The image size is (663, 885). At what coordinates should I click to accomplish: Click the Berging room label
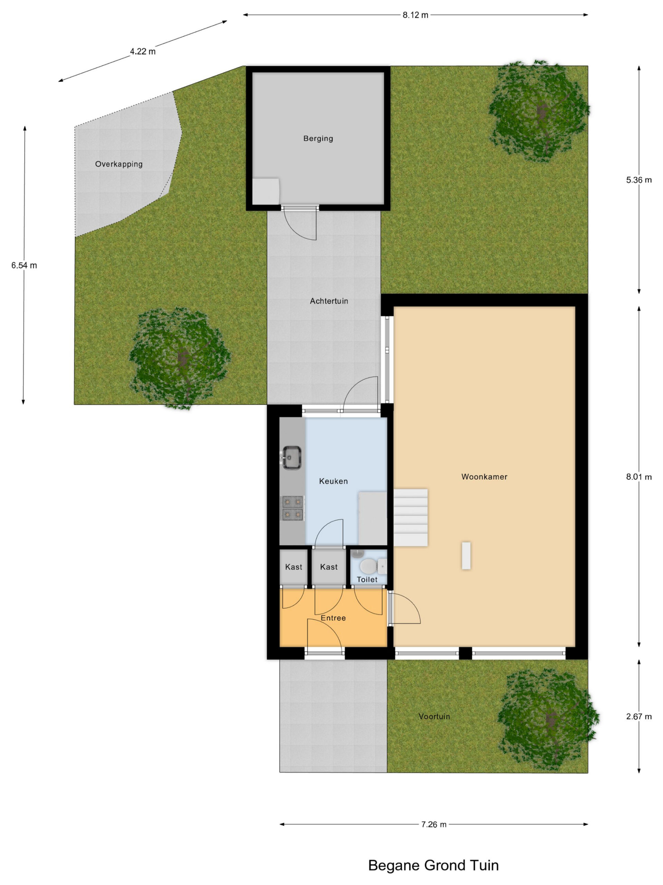tap(318, 138)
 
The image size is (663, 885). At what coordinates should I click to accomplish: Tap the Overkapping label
tap(119, 164)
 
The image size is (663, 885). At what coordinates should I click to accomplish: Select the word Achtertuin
tap(329, 301)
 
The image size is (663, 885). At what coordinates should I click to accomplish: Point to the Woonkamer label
tap(484, 476)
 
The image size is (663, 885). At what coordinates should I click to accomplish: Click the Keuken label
tap(333, 481)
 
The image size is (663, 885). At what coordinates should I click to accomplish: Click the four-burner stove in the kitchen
tap(293, 508)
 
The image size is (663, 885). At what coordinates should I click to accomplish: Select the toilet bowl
tap(368, 566)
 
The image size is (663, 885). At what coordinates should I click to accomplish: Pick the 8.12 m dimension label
tap(415, 15)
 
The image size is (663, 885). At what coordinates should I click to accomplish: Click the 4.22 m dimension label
tap(143, 51)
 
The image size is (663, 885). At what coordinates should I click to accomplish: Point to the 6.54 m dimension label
tap(24, 265)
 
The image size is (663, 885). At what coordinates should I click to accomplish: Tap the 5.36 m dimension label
tap(638, 180)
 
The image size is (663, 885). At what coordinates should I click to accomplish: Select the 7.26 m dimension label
tap(434, 824)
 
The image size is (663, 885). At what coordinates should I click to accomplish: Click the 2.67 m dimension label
tap(638, 717)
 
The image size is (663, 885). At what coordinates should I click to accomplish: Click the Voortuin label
tap(434, 716)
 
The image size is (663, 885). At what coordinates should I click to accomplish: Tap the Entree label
tap(333, 618)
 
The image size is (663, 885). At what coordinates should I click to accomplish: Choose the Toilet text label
tap(367, 579)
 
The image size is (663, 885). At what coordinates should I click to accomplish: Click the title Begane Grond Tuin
tap(433, 865)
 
